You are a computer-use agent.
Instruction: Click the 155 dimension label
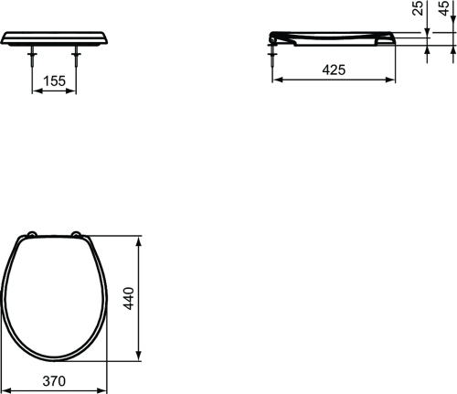(x=54, y=81)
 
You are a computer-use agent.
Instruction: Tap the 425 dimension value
(x=334, y=70)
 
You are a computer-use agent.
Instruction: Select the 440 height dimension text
(x=129, y=298)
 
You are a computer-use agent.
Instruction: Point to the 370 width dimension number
(x=54, y=381)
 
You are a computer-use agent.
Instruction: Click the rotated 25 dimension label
(x=418, y=8)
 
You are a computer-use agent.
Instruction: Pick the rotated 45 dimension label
(x=443, y=8)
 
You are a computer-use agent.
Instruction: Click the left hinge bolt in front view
(x=32, y=57)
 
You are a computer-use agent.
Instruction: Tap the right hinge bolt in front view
(x=76, y=57)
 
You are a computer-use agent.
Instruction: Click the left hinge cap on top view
(x=32, y=234)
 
